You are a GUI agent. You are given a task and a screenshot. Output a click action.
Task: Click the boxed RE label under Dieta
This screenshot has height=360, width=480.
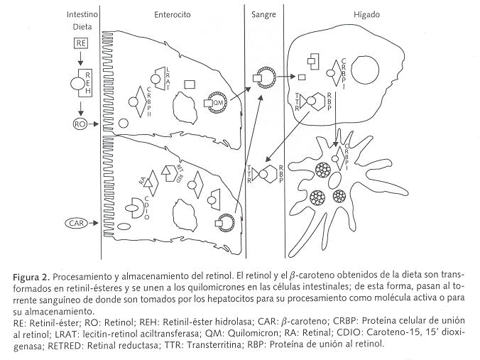pyautogui.click(x=80, y=44)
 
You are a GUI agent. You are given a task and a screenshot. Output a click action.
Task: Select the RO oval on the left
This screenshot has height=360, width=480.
pyautogui.click(x=80, y=124)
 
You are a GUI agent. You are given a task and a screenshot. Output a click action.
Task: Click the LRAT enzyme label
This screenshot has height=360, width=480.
pyautogui.click(x=168, y=71)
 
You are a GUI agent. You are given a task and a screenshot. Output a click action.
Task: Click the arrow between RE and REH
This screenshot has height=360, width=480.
pyautogui.click(x=80, y=58)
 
